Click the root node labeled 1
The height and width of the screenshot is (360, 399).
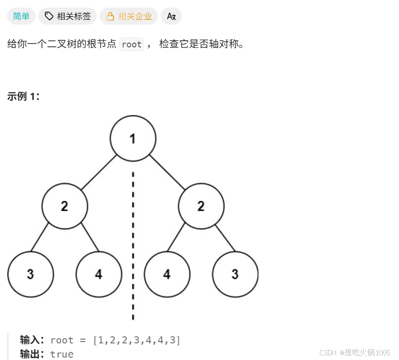[x=133, y=138]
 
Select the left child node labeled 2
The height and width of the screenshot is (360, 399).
[x=64, y=206]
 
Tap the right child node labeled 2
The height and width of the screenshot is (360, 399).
[x=201, y=206]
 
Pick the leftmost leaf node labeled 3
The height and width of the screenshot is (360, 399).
[x=30, y=274]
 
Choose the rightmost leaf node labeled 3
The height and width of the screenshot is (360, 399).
[x=235, y=274]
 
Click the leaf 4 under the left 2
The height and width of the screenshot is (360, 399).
[x=99, y=274]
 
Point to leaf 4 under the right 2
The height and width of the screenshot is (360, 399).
[x=167, y=274]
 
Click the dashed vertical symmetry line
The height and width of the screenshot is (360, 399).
[x=133, y=237]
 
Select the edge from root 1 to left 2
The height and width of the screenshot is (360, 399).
[x=99, y=172]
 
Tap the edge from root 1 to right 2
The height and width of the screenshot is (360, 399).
[x=167, y=172]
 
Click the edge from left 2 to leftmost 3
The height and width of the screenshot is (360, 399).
[x=40, y=237]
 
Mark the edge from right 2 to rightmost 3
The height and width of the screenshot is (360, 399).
[x=226, y=237]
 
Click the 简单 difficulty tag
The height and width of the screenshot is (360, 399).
[x=21, y=17]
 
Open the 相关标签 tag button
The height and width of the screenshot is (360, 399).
[x=68, y=17]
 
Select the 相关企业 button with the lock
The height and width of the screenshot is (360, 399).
[x=129, y=17]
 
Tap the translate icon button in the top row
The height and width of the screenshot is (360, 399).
[x=172, y=17]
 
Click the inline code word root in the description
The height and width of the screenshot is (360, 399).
[x=132, y=45]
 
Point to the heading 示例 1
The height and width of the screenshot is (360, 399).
[x=24, y=97]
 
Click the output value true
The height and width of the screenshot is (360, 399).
[x=62, y=354]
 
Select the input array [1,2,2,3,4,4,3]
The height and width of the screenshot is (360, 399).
[x=137, y=340]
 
